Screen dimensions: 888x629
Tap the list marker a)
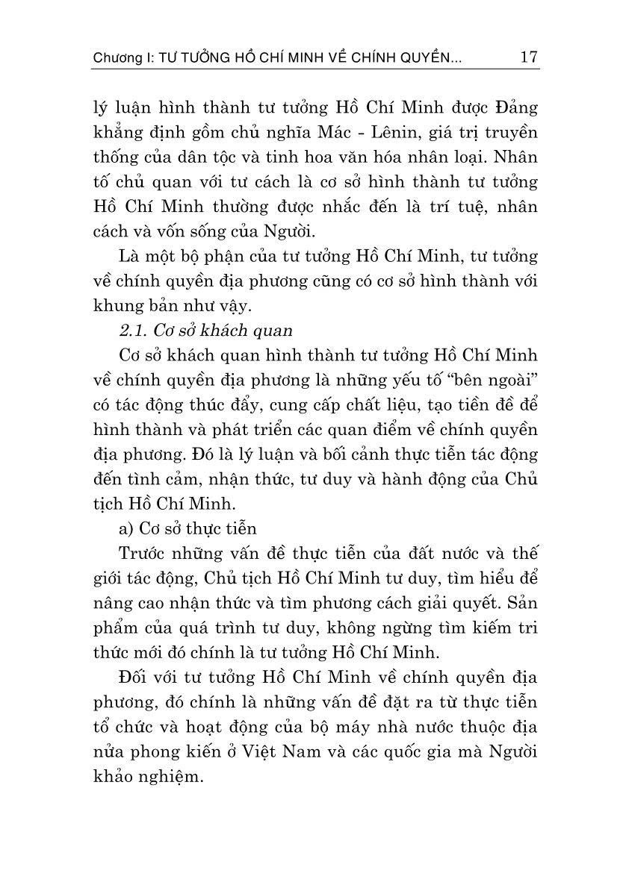click(x=126, y=528)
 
